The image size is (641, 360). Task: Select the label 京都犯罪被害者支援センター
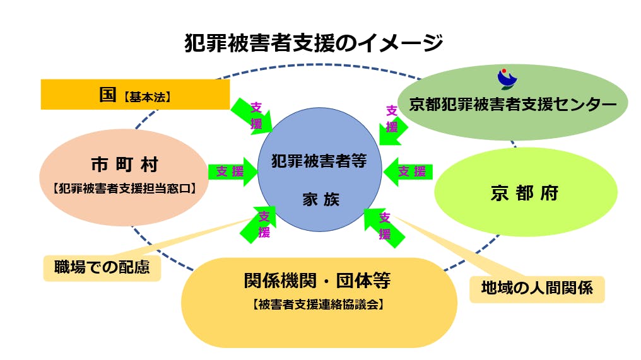click(x=512, y=104)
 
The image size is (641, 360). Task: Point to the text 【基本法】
click(x=147, y=97)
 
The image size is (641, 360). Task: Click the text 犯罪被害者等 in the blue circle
click(x=319, y=160)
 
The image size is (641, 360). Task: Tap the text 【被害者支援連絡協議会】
click(x=319, y=305)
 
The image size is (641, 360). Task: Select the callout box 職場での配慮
click(x=102, y=267)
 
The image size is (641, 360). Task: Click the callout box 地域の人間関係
click(x=536, y=288)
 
